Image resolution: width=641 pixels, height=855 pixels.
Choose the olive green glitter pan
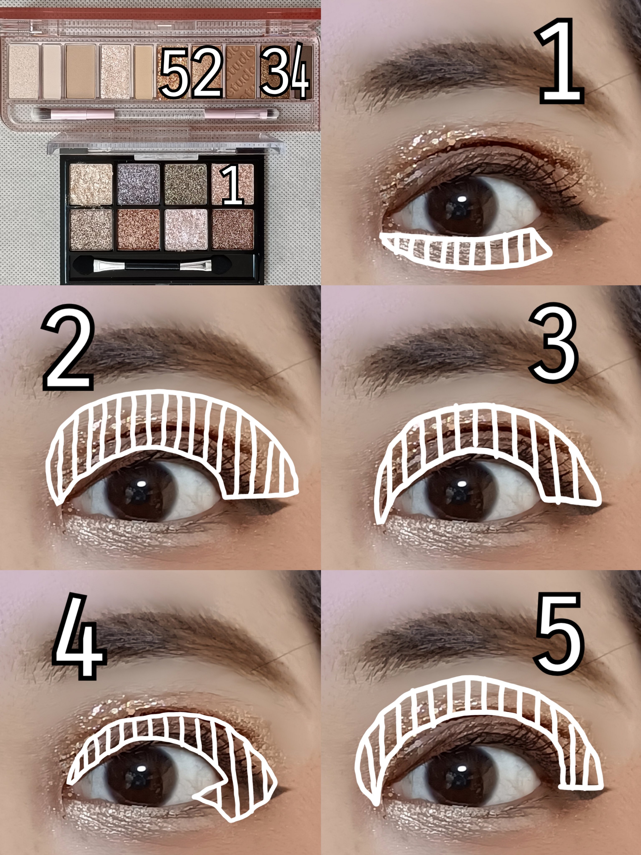(186, 184)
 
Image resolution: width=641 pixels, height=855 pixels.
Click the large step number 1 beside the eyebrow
(561, 62)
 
